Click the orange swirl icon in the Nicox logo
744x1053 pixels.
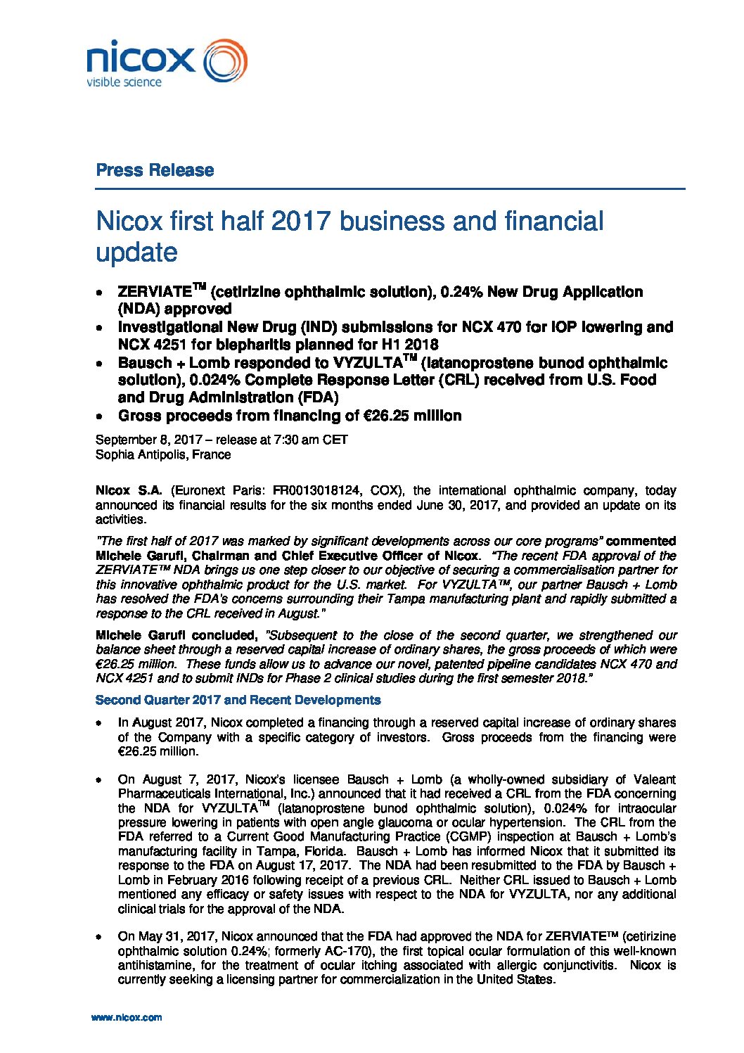tap(225, 60)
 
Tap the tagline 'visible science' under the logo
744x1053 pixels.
tap(124, 83)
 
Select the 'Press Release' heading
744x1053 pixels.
tap(155, 170)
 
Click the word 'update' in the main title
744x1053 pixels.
tap(136, 253)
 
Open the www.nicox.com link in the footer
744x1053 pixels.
tap(127, 1017)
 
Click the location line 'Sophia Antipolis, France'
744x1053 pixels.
tap(163, 454)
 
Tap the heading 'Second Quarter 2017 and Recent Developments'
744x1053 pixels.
tap(238, 700)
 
